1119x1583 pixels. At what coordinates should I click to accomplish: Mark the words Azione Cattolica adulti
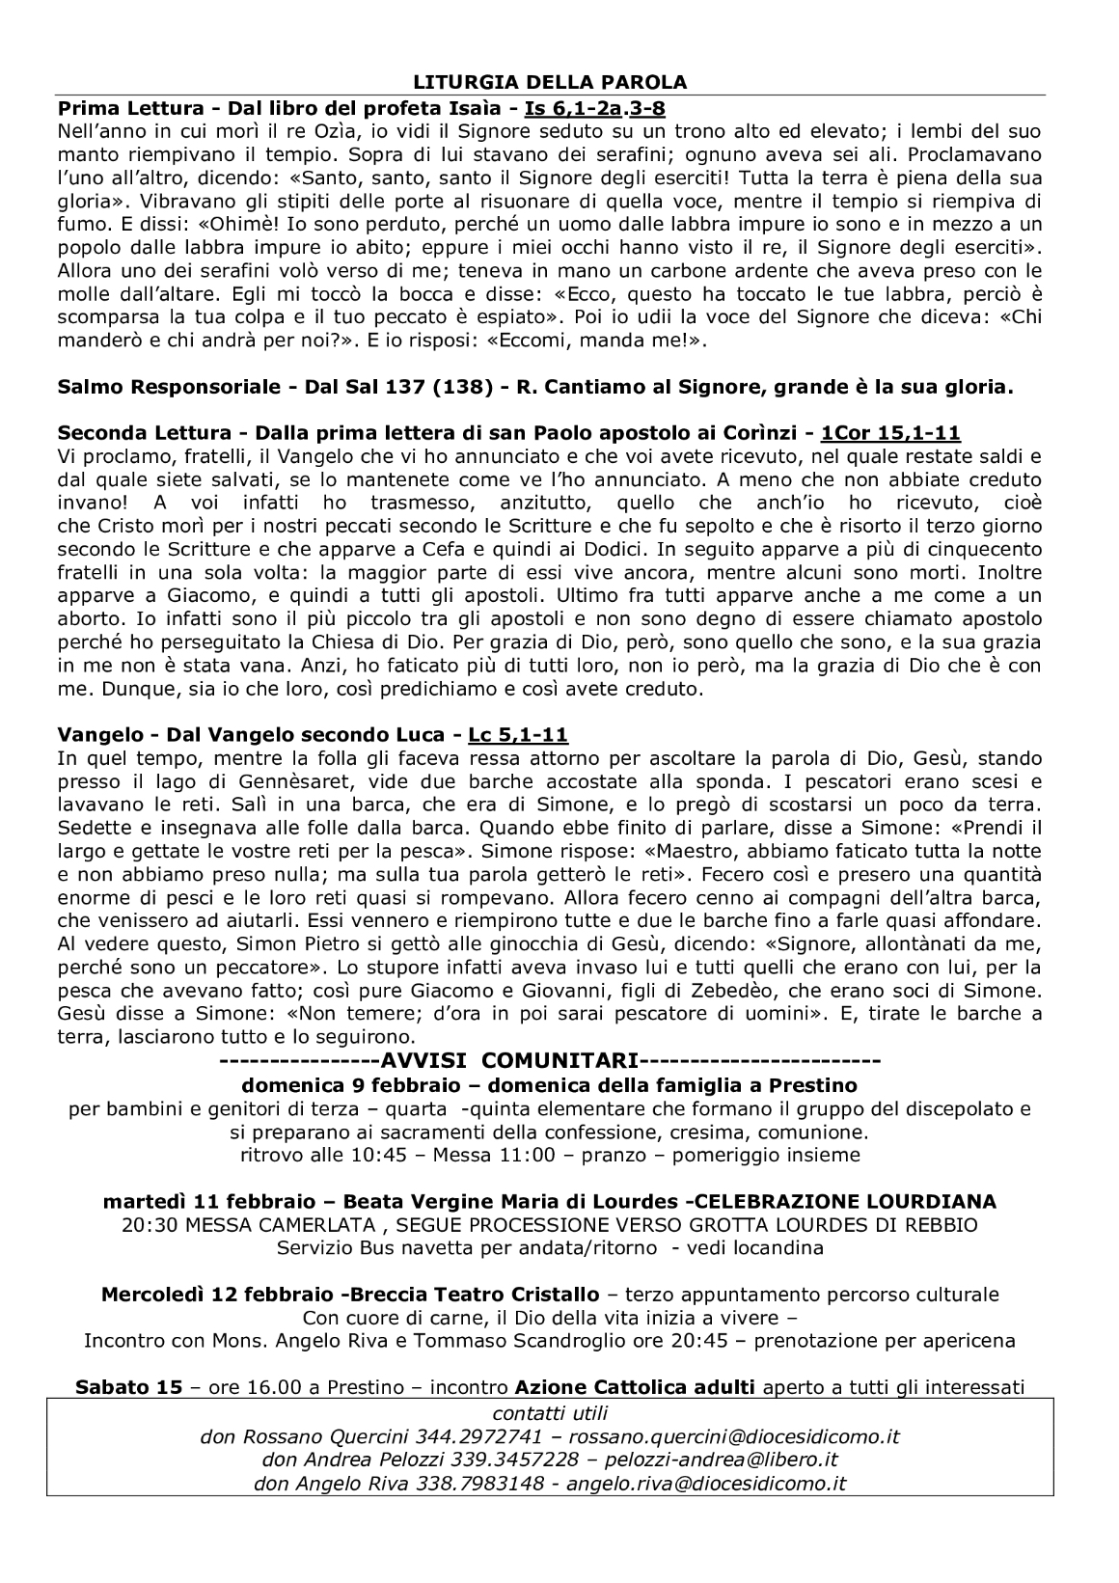pyautogui.click(x=636, y=1388)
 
